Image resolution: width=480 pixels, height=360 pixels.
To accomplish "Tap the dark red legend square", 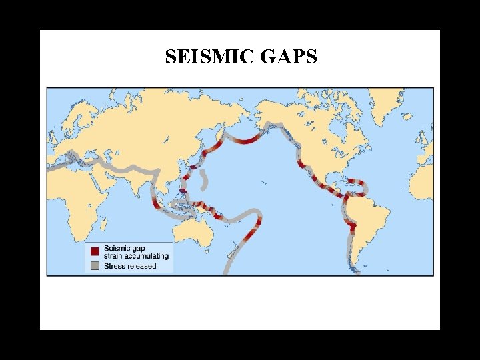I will (95, 251).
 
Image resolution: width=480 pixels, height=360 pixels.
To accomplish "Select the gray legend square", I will (95, 265).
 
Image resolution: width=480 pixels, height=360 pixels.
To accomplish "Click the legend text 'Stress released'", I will (130, 265).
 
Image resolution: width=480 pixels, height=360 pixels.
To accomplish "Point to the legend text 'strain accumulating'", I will (136, 256).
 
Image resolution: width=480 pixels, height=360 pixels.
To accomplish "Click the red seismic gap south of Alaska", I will (248, 141).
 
